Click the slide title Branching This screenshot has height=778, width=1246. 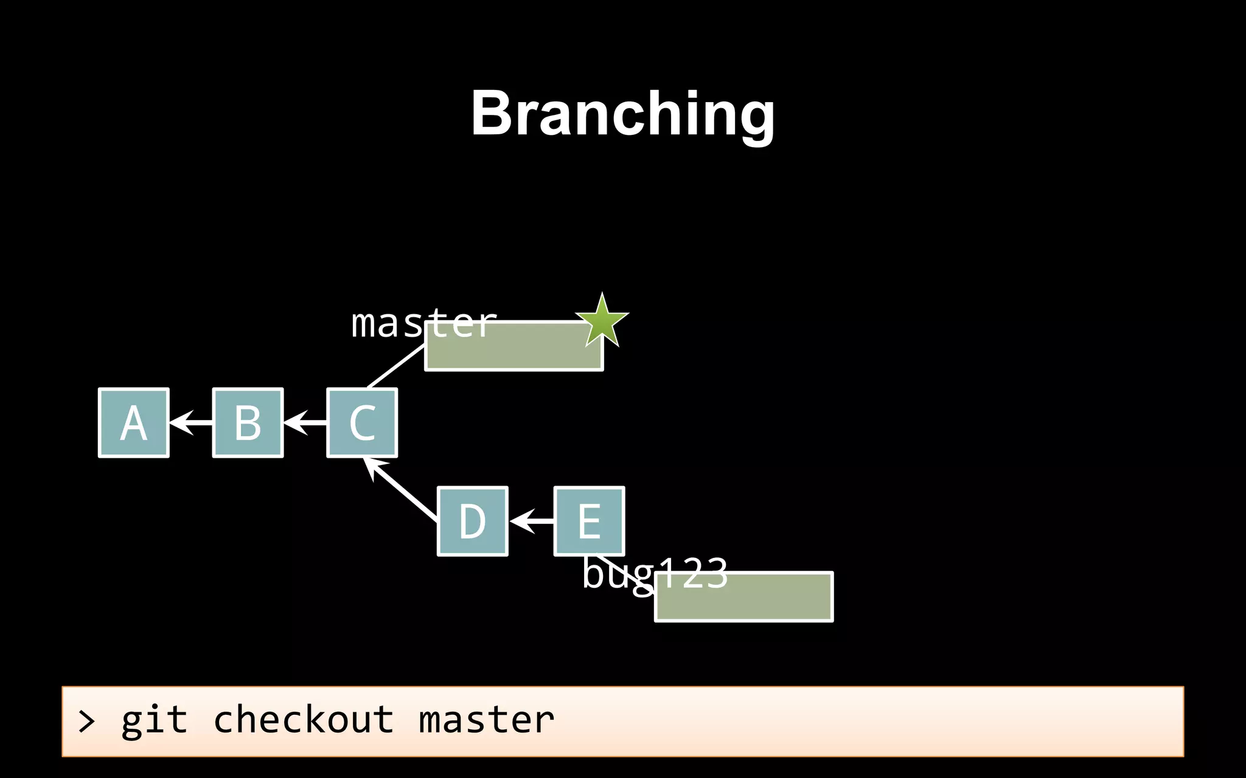622,114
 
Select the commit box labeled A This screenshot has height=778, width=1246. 133,423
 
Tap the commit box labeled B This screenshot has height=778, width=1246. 248,423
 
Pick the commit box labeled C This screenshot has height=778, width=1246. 362,423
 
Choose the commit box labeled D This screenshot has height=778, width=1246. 472,521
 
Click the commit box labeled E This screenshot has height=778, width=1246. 589,521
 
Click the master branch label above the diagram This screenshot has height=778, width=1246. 423,323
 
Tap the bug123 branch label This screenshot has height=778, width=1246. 654,573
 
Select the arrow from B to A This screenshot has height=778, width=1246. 191,422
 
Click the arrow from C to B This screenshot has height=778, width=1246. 305,422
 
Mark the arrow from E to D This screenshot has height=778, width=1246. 532,522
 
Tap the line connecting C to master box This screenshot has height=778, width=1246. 395,367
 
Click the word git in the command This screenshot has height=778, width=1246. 154,721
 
